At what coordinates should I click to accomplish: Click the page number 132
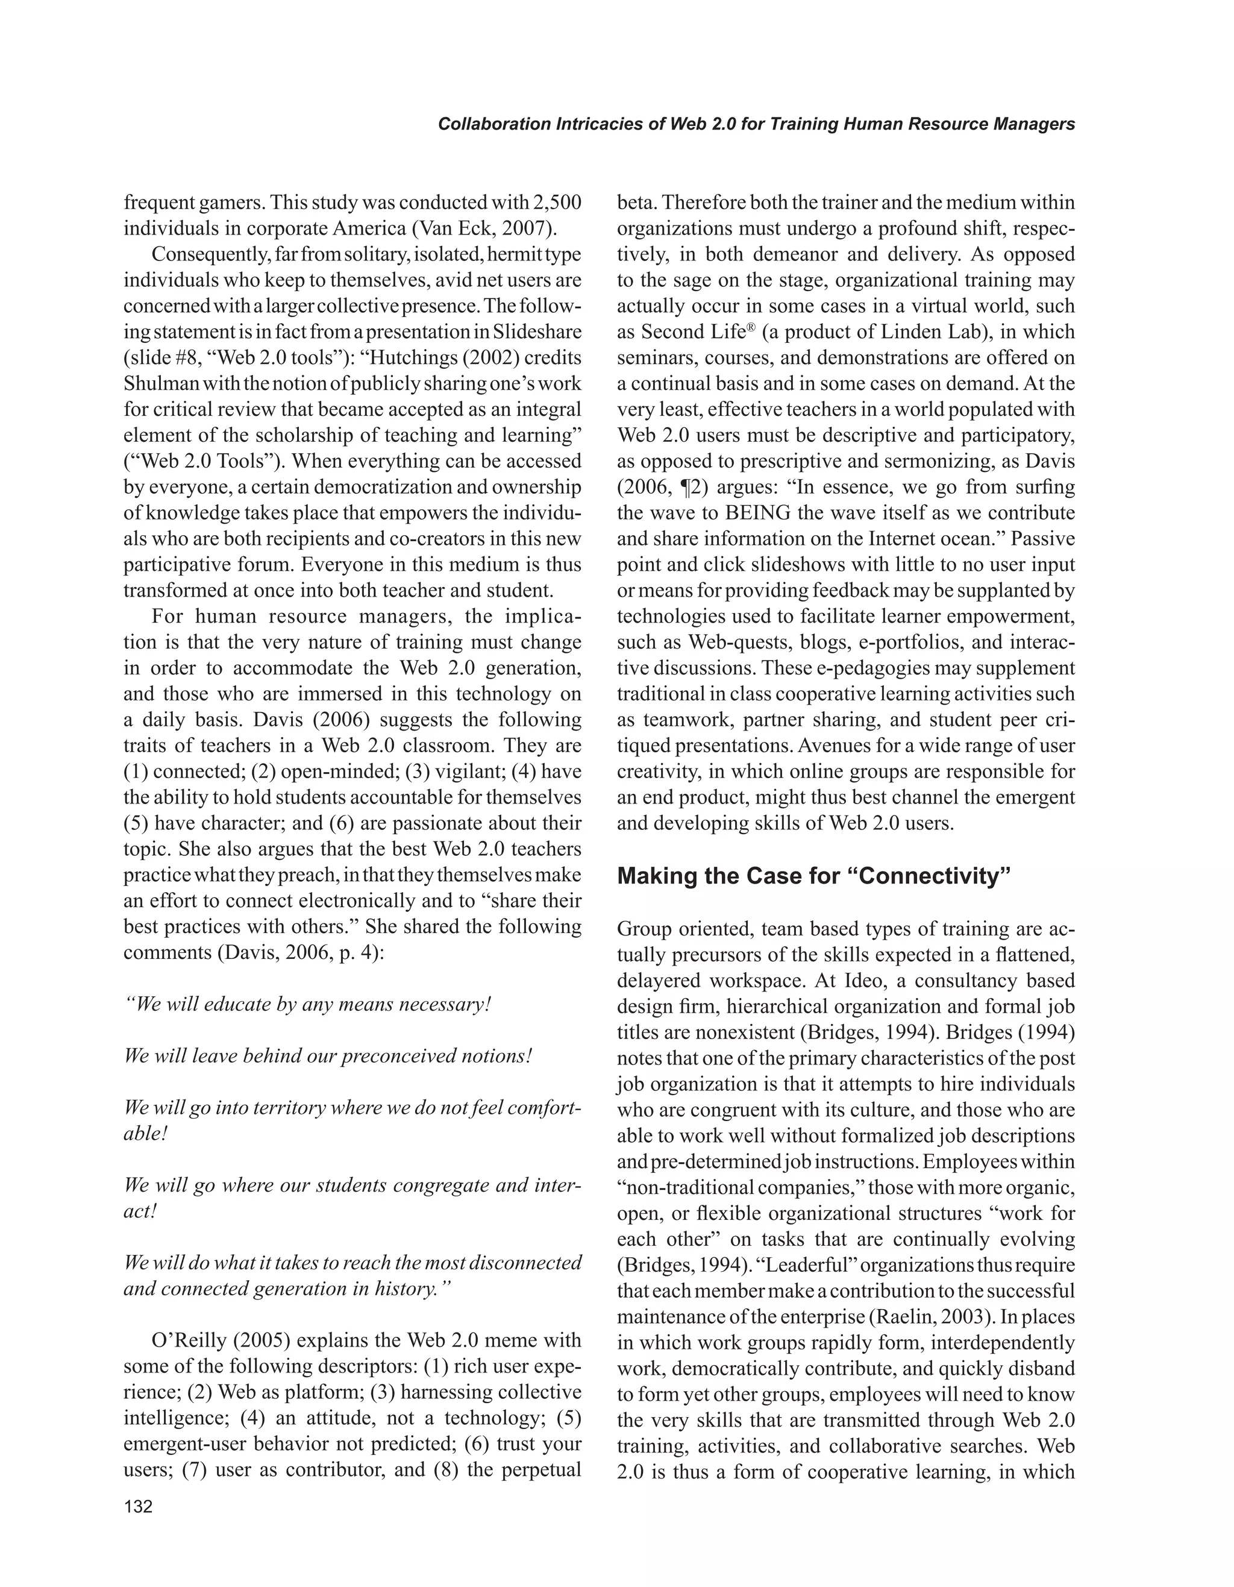click(138, 1505)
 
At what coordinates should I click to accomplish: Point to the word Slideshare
click(537, 332)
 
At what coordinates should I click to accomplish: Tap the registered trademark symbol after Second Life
click(753, 327)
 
